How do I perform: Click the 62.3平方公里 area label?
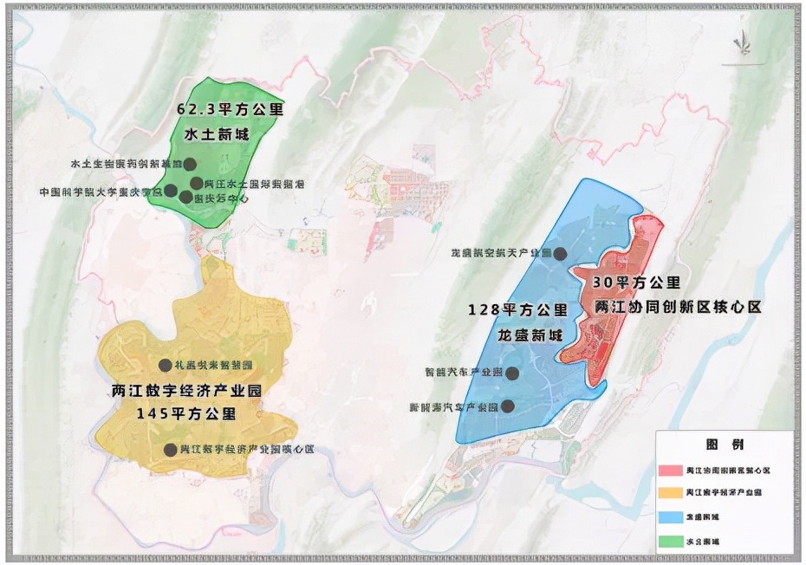pos(231,111)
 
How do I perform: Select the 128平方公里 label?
pos(517,309)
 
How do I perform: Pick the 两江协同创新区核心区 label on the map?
pos(678,308)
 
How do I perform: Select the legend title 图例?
pos(725,445)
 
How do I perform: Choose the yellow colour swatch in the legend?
pos(670,493)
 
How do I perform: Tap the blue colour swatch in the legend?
pos(670,516)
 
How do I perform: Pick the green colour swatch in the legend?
pos(670,541)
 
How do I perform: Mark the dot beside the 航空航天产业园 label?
pos(561,254)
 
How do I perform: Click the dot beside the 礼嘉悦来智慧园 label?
pos(165,365)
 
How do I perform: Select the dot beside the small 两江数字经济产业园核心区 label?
pos(170,450)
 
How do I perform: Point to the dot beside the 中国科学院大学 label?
pos(171,191)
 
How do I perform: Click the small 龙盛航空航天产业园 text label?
pos(500,254)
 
